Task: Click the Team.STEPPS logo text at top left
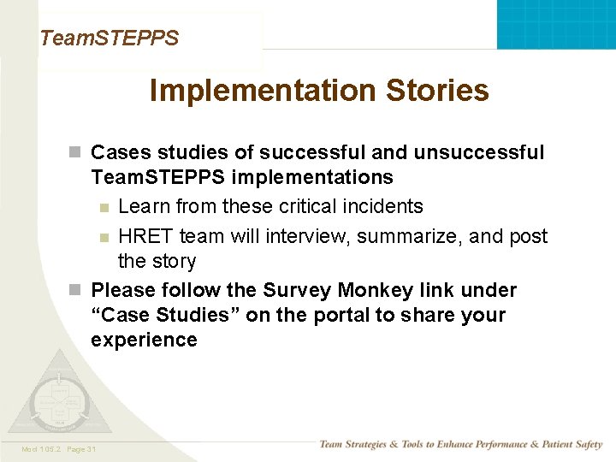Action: [110, 38]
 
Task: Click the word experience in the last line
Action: [144, 340]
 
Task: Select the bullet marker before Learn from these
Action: [104, 207]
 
